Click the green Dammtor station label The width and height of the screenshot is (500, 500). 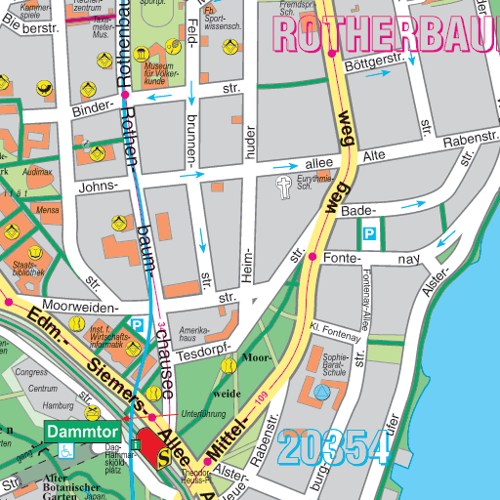coord(82,431)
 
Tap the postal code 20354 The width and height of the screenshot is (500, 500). coord(335,448)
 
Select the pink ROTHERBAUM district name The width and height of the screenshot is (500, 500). coord(386,33)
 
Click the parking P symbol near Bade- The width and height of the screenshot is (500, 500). coord(370,234)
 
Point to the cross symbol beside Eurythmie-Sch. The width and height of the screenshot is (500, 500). coord(284,187)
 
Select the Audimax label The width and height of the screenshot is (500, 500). coord(38,171)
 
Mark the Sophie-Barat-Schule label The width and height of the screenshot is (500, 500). coord(335,364)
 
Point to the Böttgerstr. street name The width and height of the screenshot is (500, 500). coord(375,66)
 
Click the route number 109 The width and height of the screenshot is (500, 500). coord(261,398)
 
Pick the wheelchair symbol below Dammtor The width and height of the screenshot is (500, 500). coord(65,450)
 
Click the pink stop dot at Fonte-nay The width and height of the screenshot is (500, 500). coord(312,257)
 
